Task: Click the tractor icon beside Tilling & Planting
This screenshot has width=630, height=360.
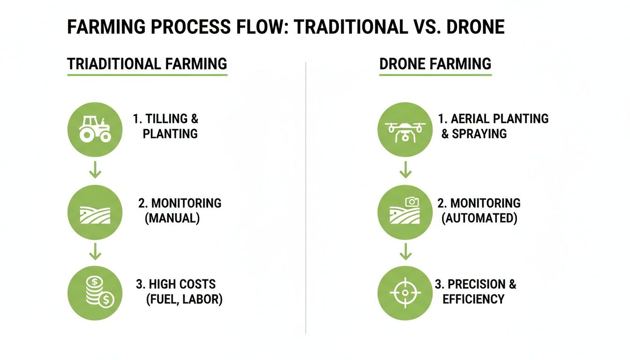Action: point(95,129)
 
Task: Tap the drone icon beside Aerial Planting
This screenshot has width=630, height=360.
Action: point(405,129)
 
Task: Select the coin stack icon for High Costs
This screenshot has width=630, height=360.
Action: point(95,292)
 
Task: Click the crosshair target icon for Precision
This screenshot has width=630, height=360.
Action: point(405,292)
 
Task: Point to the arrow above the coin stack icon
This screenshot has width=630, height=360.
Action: point(95,253)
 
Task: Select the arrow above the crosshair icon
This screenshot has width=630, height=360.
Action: point(405,253)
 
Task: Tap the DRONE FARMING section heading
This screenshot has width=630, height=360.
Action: point(435,64)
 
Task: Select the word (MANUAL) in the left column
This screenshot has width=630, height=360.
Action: point(172,218)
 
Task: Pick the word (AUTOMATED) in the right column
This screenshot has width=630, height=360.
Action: point(480,218)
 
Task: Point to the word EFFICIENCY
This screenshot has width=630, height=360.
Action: point(473,299)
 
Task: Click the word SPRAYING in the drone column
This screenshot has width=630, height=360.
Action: point(480,134)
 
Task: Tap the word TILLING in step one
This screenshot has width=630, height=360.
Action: point(166,119)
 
